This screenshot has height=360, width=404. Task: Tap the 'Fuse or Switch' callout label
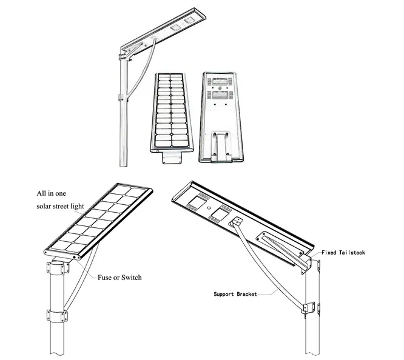point(120,278)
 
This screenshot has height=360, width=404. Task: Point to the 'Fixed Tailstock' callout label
point(343,252)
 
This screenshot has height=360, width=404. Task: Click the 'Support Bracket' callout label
point(235,295)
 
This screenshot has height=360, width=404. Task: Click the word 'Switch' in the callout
point(131,278)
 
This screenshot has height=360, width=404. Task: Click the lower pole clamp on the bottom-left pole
point(56,316)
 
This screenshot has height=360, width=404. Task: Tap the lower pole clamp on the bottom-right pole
point(310,307)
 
